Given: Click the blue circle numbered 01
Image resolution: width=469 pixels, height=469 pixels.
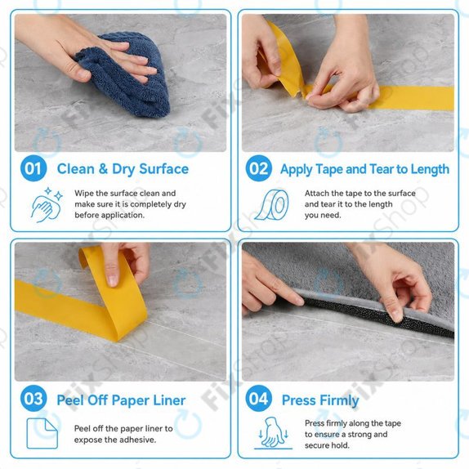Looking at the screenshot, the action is (33, 168).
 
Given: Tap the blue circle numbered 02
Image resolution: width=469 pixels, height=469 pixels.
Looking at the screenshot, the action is (259, 168).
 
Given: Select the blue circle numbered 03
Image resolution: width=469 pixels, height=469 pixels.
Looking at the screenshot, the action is (33, 399).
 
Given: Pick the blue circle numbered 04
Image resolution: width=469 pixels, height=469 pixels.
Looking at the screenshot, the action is (259, 399).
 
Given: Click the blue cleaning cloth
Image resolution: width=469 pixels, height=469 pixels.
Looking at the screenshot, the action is (126, 75).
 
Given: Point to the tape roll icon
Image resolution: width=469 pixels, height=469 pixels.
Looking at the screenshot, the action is (272, 205).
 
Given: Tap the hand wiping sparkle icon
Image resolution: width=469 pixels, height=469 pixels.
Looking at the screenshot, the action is (47, 205).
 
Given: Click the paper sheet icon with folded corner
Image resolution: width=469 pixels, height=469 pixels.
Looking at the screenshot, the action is (42, 433).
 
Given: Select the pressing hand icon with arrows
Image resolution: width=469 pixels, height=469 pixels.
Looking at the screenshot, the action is (273, 433).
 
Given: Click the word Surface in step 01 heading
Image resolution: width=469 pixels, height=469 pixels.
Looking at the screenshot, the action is (164, 169).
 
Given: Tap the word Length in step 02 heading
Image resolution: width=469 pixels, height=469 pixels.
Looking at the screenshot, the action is (430, 170).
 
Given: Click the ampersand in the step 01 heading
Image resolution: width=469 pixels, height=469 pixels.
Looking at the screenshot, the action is (103, 169).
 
